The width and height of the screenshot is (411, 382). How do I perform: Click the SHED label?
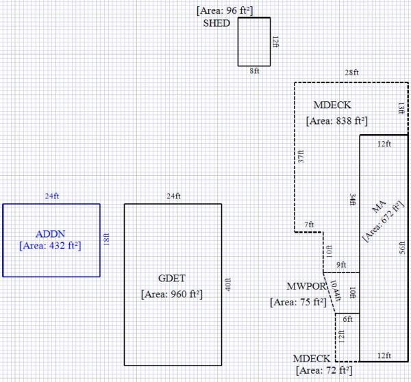(x=216, y=23)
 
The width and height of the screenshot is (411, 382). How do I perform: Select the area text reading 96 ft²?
(x=225, y=11)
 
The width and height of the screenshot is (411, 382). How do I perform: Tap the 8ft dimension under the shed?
(x=255, y=71)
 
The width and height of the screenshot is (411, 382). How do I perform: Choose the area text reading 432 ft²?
(x=51, y=244)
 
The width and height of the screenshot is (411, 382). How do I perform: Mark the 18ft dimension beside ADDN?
(x=105, y=240)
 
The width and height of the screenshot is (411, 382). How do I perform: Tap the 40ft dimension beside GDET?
(x=227, y=284)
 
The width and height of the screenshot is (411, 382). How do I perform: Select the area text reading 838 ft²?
(x=336, y=121)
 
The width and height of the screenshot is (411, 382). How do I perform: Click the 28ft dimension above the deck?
(x=352, y=73)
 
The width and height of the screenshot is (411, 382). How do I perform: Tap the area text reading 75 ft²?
(x=298, y=302)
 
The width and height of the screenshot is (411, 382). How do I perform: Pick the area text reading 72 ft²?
(x=323, y=370)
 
